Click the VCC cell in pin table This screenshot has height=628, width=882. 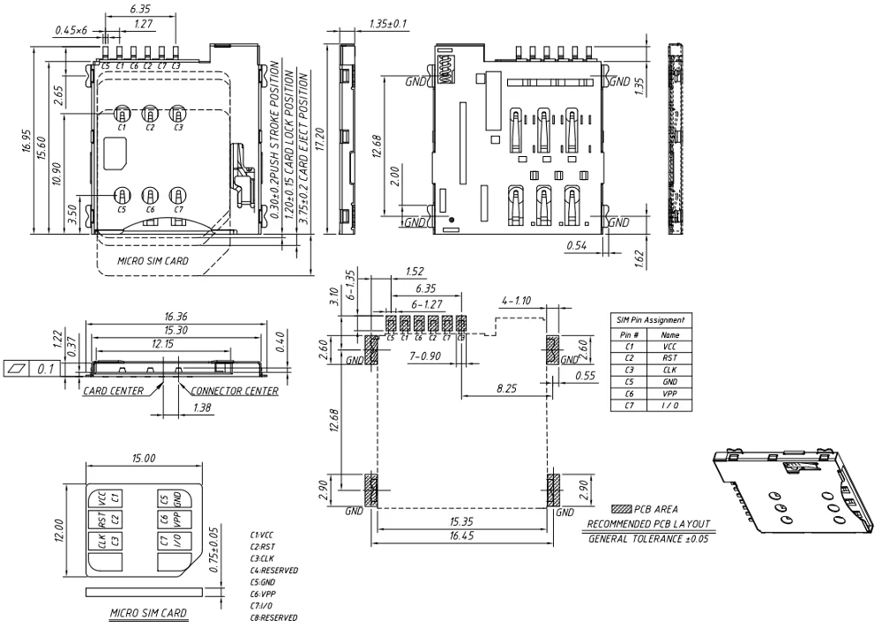(x=670, y=348)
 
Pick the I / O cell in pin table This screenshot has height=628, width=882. (x=670, y=405)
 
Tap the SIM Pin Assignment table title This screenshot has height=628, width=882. (x=653, y=319)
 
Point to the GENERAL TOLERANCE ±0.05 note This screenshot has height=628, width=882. (x=651, y=538)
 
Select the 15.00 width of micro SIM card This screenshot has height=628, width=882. (x=144, y=459)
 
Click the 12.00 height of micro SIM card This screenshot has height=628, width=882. (x=59, y=530)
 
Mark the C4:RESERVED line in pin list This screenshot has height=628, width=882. (x=274, y=570)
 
